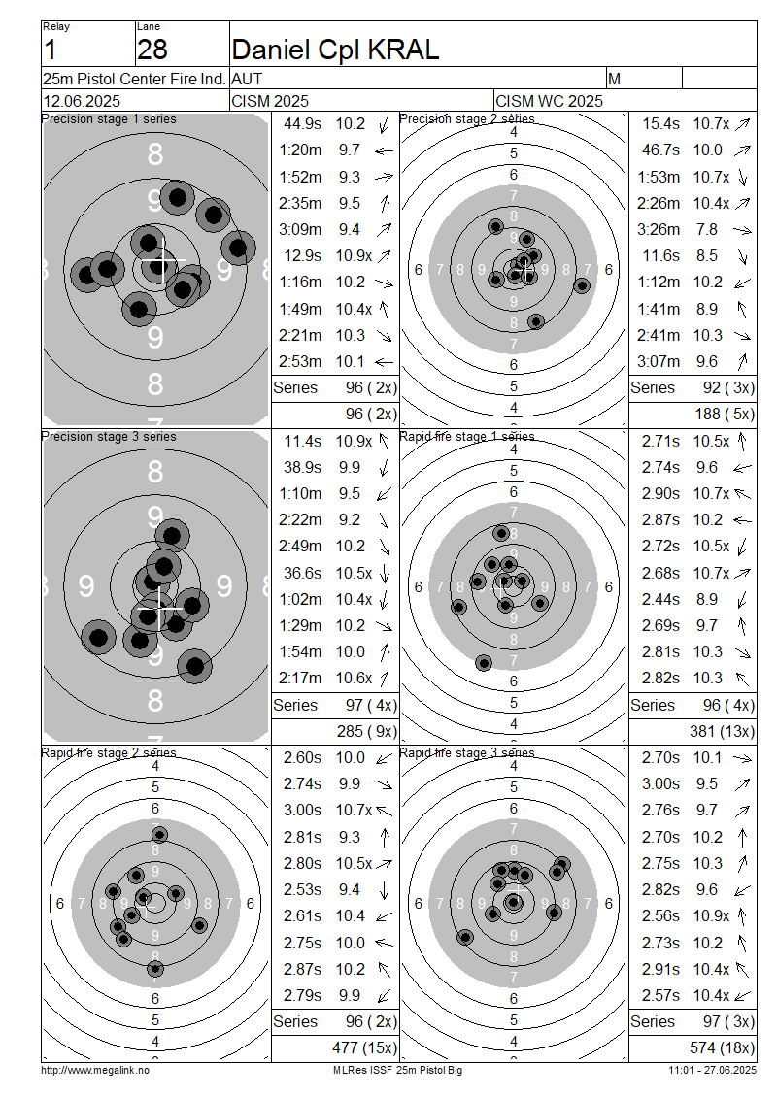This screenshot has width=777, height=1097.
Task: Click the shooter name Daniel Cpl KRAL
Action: pyautogui.click(x=335, y=50)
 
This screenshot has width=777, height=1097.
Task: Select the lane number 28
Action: pyautogui.click(x=152, y=50)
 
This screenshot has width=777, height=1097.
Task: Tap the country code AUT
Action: pyautogui.click(x=247, y=79)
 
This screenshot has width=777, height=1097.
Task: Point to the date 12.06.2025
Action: pyautogui.click(x=82, y=101)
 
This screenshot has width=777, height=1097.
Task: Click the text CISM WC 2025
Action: pyautogui.click(x=549, y=101)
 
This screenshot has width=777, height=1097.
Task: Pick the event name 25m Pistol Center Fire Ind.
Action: pyautogui.click(x=134, y=79)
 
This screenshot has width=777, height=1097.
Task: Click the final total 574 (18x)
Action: pyautogui.click(x=722, y=1047)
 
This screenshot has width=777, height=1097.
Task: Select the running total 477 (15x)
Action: pyautogui.click(x=364, y=1047)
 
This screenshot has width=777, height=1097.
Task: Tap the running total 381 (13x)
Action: pyautogui.click(x=722, y=731)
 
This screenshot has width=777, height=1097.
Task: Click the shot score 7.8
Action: pyautogui.click(x=706, y=229)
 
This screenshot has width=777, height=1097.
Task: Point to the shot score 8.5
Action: pyautogui.click(x=706, y=256)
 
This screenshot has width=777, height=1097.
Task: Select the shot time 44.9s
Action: pyautogui.click(x=302, y=124)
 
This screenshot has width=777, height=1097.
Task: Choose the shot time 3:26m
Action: pyautogui.click(x=658, y=229)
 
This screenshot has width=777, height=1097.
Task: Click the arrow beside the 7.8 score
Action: pyautogui.click(x=742, y=230)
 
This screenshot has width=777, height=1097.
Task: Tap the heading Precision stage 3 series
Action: pyautogui.click(x=109, y=437)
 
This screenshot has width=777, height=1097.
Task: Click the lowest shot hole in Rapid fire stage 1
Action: pyautogui.click(x=484, y=662)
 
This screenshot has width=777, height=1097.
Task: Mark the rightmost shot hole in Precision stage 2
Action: pyautogui.click(x=582, y=285)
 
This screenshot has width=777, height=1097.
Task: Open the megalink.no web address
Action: pyautogui.click(x=95, y=1070)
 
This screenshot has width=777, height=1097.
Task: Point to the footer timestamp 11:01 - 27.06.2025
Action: pyautogui.click(x=713, y=1070)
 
